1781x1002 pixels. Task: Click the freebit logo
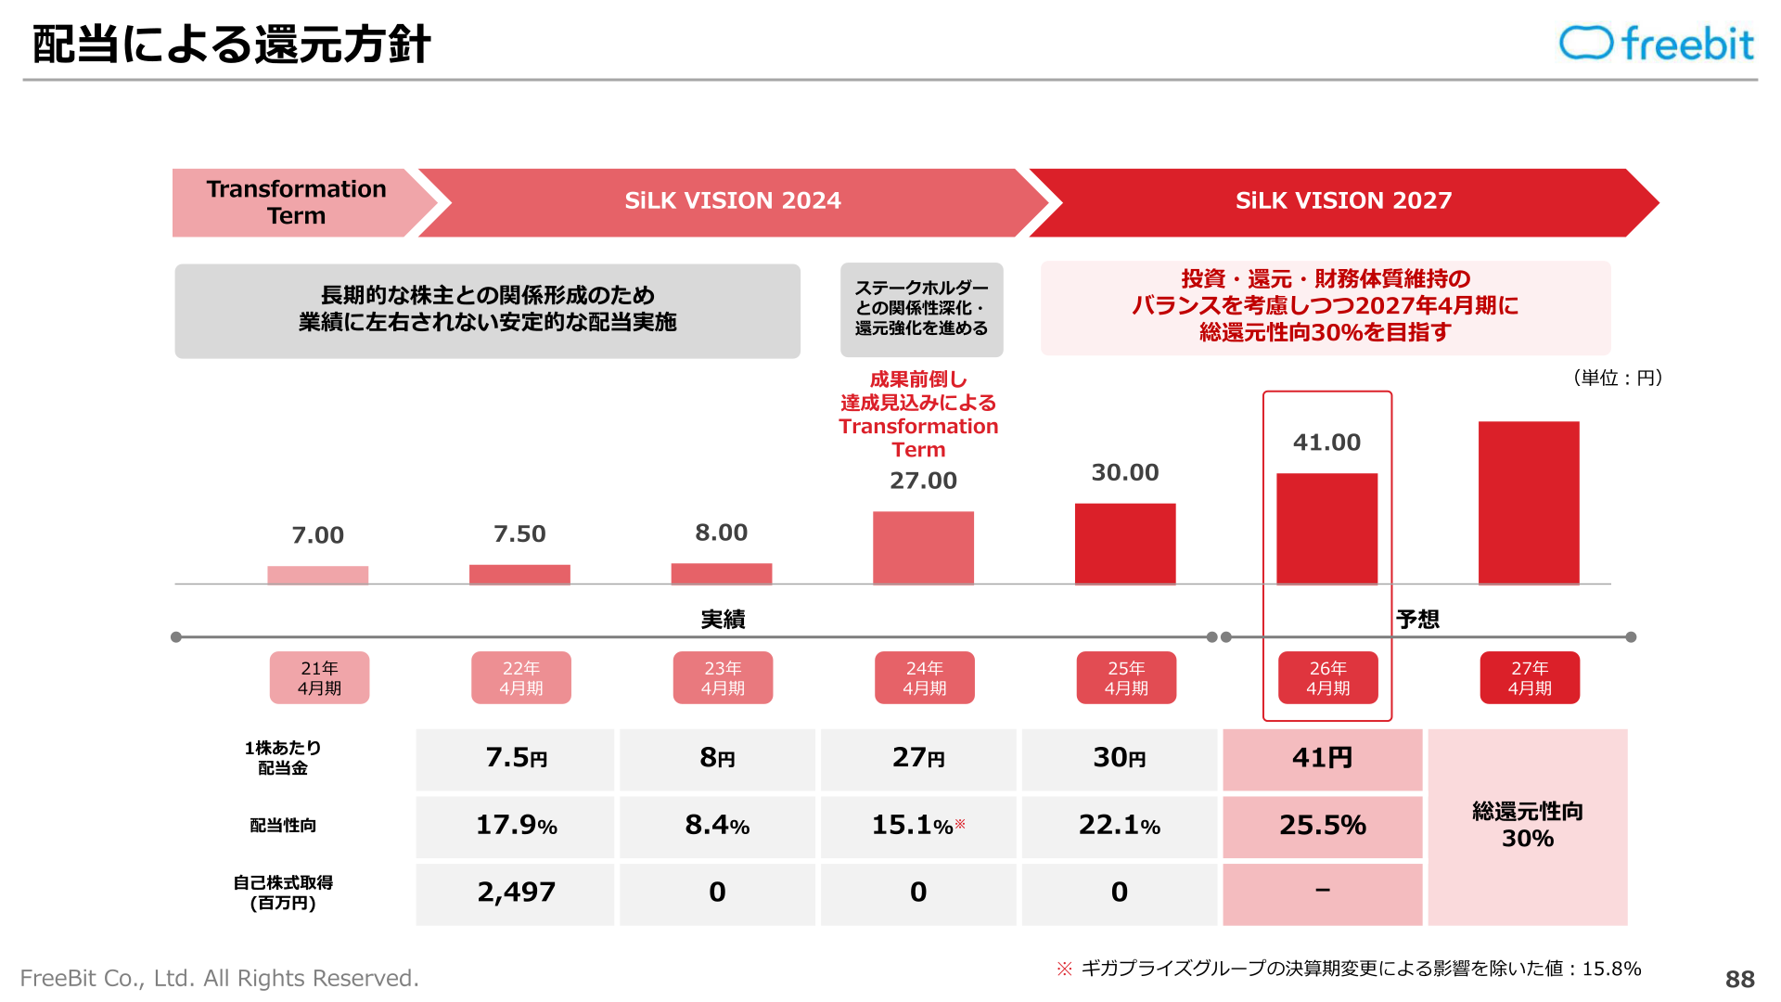coord(1657,44)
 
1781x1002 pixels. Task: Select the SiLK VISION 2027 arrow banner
coord(1344,202)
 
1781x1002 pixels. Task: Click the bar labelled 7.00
coord(318,575)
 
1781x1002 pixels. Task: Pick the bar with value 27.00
coord(923,547)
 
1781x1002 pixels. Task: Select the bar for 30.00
coord(1125,544)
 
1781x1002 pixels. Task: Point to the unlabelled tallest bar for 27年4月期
coord(1529,503)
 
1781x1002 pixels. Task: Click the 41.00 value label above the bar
coord(1326,443)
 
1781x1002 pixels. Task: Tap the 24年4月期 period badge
coord(925,678)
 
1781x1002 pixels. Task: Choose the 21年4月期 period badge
coord(319,678)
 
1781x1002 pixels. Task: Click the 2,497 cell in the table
coord(516,893)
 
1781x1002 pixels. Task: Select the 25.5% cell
coord(1323,826)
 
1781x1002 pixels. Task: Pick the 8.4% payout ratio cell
coord(717,826)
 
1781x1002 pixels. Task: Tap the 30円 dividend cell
coord(1120,759)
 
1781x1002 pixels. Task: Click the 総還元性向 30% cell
coord(1528,827)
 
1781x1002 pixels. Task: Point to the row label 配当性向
coord(283,826)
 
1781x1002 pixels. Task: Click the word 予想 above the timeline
coord(1418,619)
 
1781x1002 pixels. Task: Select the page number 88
coord(1740,979)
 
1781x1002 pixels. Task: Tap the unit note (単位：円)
coord(1618,378)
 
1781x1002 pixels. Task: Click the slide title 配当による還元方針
coord(231,45)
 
